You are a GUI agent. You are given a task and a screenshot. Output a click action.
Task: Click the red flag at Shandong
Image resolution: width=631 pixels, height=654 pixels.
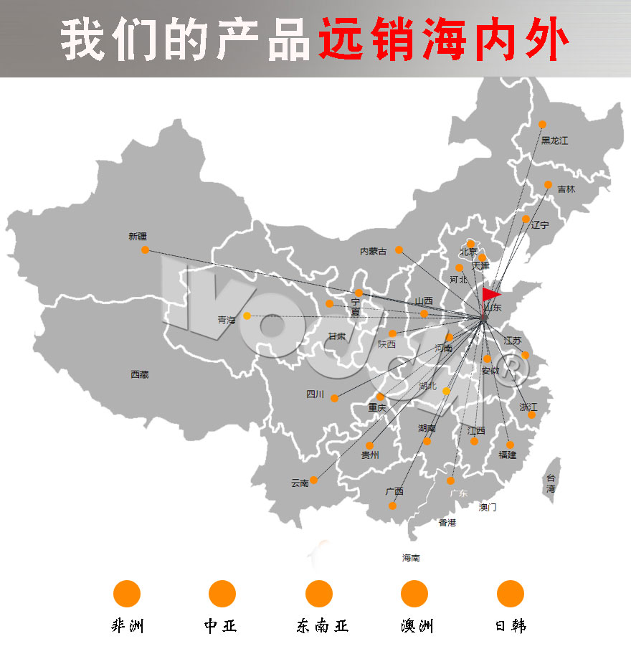(491, 294)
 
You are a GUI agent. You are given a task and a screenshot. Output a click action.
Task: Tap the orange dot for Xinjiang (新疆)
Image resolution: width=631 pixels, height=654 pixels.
(146, 250)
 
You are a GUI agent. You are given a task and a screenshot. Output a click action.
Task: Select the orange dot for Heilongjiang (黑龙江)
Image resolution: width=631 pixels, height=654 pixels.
(542, 125)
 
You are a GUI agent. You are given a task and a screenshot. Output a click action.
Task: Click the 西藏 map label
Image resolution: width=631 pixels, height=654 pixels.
(140, 374)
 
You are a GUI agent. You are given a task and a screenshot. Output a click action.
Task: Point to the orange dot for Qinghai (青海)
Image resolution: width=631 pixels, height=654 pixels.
(247, 316)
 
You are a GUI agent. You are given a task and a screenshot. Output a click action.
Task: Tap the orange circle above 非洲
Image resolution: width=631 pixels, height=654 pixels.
(127, 594)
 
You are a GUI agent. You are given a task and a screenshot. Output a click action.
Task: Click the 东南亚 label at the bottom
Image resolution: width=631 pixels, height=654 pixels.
(322, 626)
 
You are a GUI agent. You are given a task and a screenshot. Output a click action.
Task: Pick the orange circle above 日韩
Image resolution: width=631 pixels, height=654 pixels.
(511, 594)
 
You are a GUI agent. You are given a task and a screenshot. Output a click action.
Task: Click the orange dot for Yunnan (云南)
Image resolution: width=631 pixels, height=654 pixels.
(313, 480)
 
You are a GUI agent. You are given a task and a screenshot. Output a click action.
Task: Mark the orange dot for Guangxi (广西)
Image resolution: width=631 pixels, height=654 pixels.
(392, 506)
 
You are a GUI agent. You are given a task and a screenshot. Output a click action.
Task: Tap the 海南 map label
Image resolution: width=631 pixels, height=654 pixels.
(411, 558)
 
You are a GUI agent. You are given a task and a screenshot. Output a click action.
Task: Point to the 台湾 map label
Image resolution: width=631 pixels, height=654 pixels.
(551, 483)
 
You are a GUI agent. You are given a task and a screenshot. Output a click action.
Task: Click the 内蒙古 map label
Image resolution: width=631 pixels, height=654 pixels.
(373, 251)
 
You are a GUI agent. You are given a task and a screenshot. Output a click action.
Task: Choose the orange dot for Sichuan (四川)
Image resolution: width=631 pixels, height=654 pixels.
(334, 398)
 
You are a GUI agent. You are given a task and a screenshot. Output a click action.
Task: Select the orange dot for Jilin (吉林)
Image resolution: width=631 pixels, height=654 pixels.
(548, 185)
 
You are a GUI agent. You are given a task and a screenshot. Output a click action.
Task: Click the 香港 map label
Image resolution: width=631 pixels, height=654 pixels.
(447, 523)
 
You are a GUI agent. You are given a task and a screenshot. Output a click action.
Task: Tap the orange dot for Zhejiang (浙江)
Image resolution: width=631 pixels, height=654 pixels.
(531, 414)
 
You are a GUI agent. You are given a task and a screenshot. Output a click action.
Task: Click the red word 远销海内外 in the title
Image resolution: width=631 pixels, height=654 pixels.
(444, 39)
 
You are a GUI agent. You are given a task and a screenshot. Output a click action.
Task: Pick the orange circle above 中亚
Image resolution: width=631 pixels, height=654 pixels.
(222, 594)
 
